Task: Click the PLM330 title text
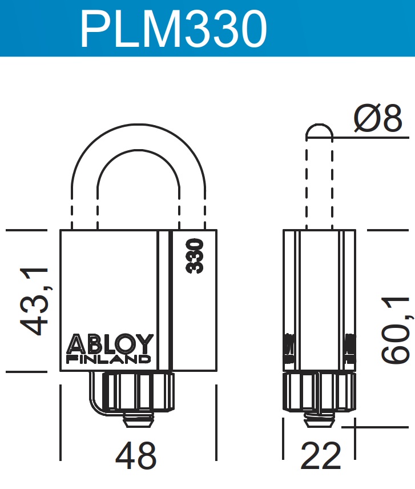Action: [x=174, y=29]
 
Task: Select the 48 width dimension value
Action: [x=136, y=456]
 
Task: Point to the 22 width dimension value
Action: [x=320, y=456]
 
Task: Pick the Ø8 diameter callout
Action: [x=378, y=120]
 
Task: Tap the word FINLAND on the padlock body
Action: [x=109, y=359]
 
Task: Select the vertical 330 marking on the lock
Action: [x=196, y=256]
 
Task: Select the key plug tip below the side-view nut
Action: [x=320, y=423]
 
